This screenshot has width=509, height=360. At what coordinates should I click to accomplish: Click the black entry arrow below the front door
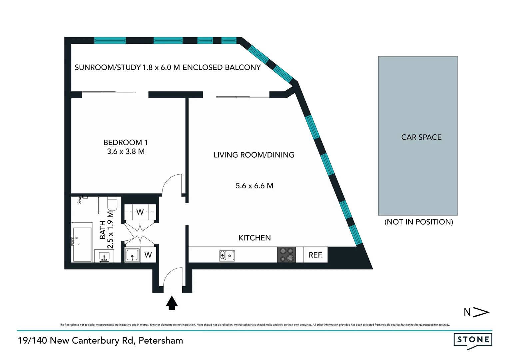click(172, 303)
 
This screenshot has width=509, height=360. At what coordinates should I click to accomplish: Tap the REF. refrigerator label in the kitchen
click(315, 255)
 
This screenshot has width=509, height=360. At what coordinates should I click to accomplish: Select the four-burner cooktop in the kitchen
click(286, 255)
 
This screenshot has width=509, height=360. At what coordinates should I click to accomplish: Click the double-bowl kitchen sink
click(227, 256)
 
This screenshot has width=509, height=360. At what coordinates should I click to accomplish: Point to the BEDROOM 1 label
click(126, 142)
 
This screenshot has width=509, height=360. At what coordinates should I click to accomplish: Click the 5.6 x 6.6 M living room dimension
click(254, 186)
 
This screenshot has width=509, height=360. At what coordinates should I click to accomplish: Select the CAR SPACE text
click(421, 137)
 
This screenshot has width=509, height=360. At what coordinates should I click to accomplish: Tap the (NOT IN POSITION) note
click(419, 222)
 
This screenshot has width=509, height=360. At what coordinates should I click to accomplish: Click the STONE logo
click(473, 340)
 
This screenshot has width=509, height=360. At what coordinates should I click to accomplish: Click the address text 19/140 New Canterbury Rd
click(100, 340)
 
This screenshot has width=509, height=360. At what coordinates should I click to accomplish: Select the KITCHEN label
click(254, 238)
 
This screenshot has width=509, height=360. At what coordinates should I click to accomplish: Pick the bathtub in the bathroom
click(82, 245)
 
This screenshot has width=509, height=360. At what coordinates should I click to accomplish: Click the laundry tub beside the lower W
click(132, 255)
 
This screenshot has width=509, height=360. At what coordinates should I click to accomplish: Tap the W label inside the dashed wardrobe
click(140, 212)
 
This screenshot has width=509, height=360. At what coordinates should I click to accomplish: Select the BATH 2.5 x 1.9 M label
click(107, 230)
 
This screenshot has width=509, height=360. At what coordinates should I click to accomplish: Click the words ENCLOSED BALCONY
click(222, 67)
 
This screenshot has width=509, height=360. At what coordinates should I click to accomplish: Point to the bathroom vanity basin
click(104, 256)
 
